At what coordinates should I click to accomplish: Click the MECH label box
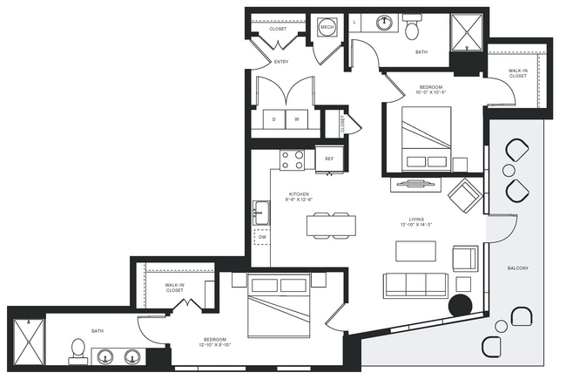[x=327, y=28]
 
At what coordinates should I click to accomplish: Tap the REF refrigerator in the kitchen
[x=330, y=159]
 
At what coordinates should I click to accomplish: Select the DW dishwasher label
[x=262, y=236]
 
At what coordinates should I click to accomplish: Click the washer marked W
[x=296, y=119]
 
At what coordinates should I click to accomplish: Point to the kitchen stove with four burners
[x=293, y=159]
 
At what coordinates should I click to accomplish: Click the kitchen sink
[x=260, y=211]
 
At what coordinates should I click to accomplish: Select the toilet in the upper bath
[x=412, y=29]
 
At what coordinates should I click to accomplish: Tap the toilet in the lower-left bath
[x=77, y=351]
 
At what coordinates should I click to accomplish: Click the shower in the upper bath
[x=468, y=33]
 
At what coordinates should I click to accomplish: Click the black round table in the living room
[x=460, y=305]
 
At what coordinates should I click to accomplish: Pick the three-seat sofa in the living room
[x=415, y=286]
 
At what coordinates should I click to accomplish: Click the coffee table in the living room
[x=415, y=251]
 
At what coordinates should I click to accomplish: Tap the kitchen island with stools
[x=331, y=225]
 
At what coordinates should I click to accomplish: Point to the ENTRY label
[x=281, y=62]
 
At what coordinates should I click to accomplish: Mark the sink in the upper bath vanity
[x=382, y=23]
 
